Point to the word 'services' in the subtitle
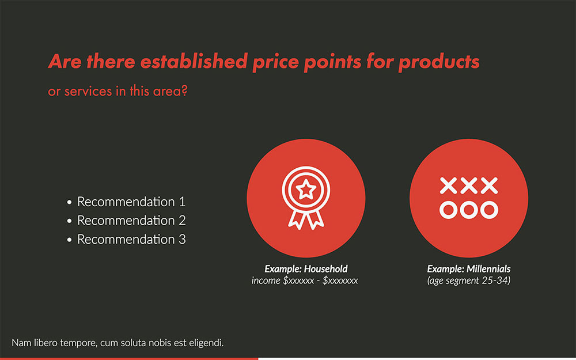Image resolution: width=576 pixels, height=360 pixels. [88, 92]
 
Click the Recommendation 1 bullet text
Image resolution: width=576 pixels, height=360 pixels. [131, 202]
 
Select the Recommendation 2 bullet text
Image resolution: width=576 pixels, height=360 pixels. [131, 221]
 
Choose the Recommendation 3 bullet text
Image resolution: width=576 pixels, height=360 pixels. [131, 239]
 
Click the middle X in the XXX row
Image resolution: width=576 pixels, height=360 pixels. [468, 185]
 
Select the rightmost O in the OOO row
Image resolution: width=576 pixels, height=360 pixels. [488, 210]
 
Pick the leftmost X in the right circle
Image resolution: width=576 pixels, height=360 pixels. [448, 185]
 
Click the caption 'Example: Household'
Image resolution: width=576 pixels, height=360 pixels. [306, 269]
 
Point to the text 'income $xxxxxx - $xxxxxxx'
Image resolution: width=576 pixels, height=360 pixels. [305, 281]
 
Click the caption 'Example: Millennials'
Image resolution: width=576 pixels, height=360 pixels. [468, 269]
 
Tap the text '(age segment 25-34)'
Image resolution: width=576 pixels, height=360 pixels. [468, 281]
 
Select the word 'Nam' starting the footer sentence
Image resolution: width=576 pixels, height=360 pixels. [20, 343]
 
